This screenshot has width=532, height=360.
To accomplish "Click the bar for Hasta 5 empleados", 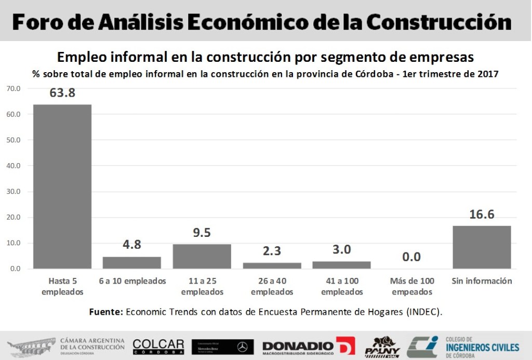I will [x=62, y=186].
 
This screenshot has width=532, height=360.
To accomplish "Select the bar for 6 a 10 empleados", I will [x=132, y=262].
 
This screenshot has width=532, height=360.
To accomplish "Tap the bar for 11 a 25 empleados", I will [x=202, y=256].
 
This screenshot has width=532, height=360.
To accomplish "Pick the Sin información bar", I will [x=482, y=247].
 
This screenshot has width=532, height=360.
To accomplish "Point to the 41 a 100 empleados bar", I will [x=341, y=265].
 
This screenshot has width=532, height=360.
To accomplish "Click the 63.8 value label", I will [x=62, y=93].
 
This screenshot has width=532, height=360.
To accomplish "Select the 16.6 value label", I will [x=482, y=214].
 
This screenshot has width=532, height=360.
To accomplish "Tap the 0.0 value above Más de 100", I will [x=411, y=257].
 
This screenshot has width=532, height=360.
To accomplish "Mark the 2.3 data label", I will [x=272, y=251].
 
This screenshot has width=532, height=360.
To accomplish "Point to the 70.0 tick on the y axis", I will [x=14, y=89].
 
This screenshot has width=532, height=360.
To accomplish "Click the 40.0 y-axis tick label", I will [x=14, y=166].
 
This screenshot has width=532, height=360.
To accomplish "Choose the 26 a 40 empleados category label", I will [x=272, y=286].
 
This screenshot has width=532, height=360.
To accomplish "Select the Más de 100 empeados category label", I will [x=411, y=286].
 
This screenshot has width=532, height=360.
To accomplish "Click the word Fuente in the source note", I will [x=106, y=312].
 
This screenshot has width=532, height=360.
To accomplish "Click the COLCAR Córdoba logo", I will [x=158, y=346].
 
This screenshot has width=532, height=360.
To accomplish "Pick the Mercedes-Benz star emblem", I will [x=242, y=346].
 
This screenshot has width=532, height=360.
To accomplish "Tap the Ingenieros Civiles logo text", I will [x=482, y=347].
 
